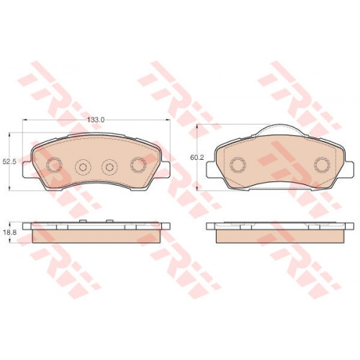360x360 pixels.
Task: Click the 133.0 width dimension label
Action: pos(96,120)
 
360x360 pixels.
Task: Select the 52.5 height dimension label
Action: pos(9,161)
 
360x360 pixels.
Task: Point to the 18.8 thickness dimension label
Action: pos(9,233)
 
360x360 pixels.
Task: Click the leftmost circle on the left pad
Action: pos(54,165)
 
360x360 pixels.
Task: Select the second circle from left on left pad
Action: pos(83,167)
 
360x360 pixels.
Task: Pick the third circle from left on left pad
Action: pos(109,167)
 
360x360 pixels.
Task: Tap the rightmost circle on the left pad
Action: pos(138,165)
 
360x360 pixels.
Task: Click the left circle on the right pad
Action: pos(238,165)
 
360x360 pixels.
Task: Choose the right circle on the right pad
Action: pos(323,165)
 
